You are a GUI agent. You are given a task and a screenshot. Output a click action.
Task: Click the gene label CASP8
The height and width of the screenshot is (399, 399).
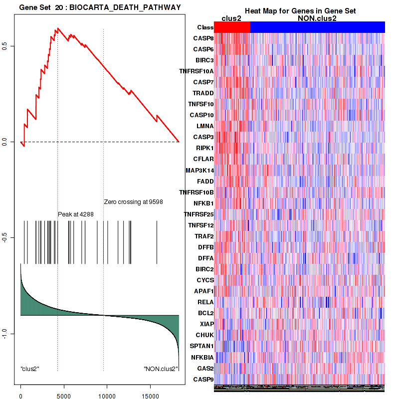coord(203,38)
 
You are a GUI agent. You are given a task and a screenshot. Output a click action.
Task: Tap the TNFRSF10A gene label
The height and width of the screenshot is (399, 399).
coord(197,71)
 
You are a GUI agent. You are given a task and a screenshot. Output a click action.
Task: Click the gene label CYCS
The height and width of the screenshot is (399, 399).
coord(204,280)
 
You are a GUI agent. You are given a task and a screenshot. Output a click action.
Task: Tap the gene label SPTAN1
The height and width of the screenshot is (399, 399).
coord(201,346)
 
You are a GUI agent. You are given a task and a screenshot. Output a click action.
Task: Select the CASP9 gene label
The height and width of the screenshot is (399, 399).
coord(203,379)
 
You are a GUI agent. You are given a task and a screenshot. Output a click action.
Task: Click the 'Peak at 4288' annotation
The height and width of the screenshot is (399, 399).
coord(76,214)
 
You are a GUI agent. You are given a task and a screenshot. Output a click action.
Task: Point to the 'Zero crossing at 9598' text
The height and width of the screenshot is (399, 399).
coord(133,202)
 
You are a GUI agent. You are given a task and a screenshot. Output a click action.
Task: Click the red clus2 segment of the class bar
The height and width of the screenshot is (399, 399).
coord(232,27)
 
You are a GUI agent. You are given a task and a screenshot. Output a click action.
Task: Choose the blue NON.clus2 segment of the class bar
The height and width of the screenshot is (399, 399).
coord(317,27)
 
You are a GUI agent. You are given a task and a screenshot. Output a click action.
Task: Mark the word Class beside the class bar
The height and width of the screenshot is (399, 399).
coord(205,27)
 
